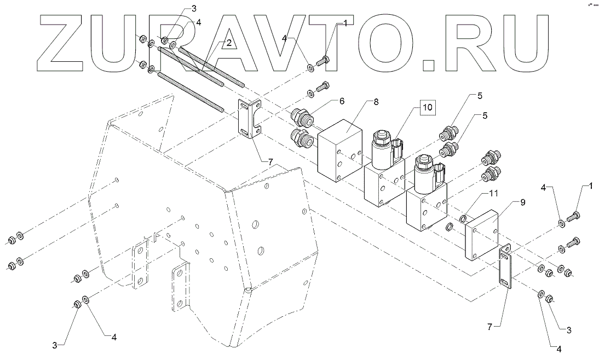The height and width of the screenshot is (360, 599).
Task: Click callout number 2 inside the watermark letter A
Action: tap(228, 43)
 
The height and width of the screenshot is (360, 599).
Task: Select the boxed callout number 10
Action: tap(428, 107)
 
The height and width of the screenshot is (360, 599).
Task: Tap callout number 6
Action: tap(342, 101)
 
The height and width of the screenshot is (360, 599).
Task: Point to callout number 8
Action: tap(376, 102)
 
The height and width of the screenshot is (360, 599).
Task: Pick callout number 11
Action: tap(494, 193)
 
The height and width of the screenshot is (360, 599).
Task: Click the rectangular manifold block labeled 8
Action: tap(339, 150)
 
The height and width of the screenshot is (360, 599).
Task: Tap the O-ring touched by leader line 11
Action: tap(463, 219)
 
